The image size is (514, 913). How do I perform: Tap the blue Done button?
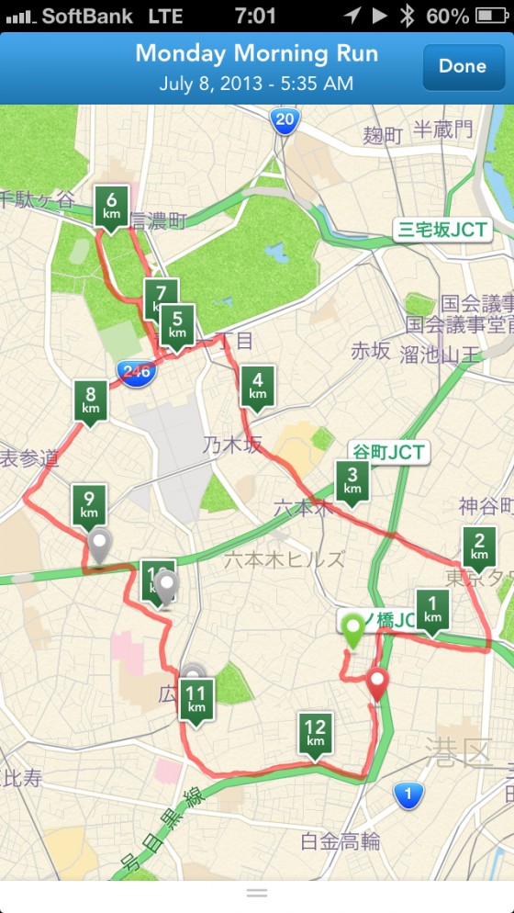pyautogui.click(x=463, y=66)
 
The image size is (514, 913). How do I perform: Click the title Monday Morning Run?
pyautogui.click(x=257, y=53)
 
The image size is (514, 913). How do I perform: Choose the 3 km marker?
pyautogui.click(x=353, y=480)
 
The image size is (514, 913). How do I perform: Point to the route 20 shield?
pyautogui.click(x=285, y=120)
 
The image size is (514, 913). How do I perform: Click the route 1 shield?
pyautogui.click(x=408, y=795)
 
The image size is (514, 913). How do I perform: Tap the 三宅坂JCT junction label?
pyautogui.click(x=441, y=229)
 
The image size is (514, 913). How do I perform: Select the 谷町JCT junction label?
pyautogui.click(x=389, y=452)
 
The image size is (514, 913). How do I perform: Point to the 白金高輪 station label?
pyautogui.click(x=340, y=840)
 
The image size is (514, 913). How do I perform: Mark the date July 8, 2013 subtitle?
pyautogui.click(x=256, y=83)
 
